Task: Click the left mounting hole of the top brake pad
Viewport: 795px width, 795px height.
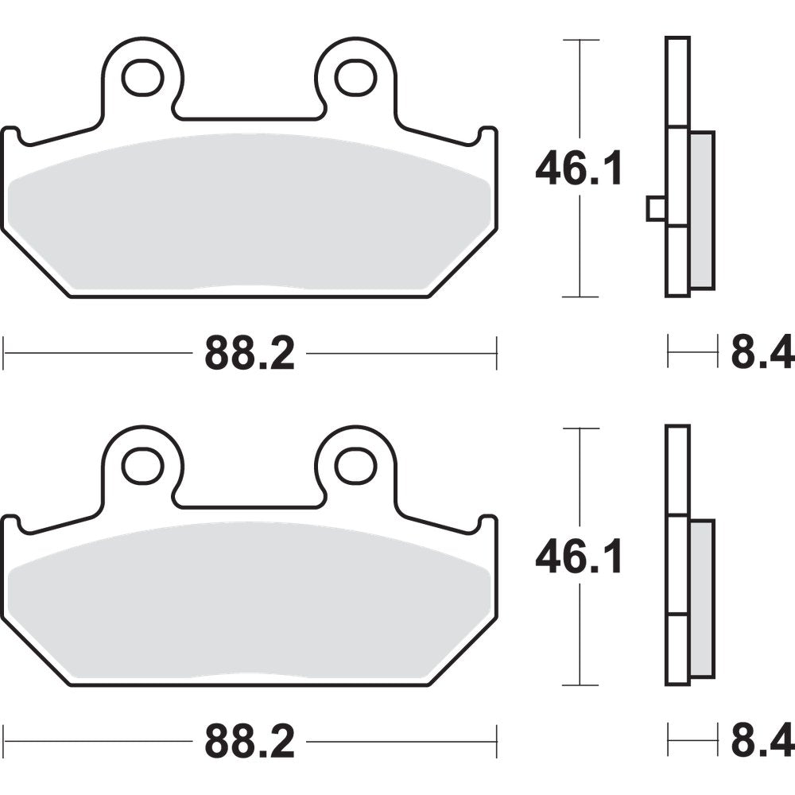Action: (x=142, y=76)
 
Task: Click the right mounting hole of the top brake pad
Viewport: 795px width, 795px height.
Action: (x=355, y=76)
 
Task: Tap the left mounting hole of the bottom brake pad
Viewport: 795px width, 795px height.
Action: (x=142, y=465)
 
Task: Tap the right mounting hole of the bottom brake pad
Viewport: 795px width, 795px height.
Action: (x=355, y=465)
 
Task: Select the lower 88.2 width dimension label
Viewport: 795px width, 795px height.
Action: (x=250, y=742)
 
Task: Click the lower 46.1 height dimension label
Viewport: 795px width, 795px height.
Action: (x=579, y=559)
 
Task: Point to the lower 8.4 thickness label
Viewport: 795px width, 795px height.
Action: (x=762, y=742)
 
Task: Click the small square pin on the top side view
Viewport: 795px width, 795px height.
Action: (x=656, y=209)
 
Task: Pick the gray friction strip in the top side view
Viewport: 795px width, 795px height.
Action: (x=702, y=211)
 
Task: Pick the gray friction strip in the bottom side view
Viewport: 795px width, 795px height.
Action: (x=702, y=598)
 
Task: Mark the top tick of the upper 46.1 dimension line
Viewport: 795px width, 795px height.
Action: (x=580, y=40)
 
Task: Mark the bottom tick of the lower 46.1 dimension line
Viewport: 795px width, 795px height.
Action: (x=580, y=685)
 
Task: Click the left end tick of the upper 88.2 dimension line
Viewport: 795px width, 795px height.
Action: (x=4, y=352)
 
